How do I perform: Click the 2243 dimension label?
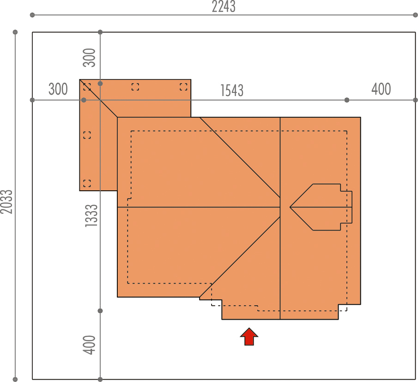pyautogui.click(x=224, y=6)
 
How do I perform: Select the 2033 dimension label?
pyautogui.click(x=6, y=202)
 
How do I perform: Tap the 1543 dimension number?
pyautogui.click(x=232, y=91)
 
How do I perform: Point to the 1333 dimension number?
pyautogui.click(x=91, y=216)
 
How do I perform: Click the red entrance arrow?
pyautogui.click(x=249, y=337)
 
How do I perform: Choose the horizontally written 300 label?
pyautogui.click(x=58, y=89)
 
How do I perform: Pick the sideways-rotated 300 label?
pyautogui.click(x=89, y=58)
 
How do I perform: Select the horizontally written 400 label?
pyautogui.click(x=381, y=89)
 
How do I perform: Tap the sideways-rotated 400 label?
pyautogui.click(x=89, y=345)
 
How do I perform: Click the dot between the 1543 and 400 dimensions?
pyautogui.click(x=347, y=100)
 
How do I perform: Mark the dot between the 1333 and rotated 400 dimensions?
pyautogui.click(x=100, y=311)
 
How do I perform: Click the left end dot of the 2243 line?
pyautogui.click(x=32, y=15)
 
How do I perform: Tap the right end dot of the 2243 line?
pyautogui.click(x=415, y=15)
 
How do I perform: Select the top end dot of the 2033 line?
pyautogui.click(x=15, y=32)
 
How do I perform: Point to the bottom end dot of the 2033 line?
pyautogui.click(x=15, y=379)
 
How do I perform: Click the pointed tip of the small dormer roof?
pyautogui.click(x=290, y=207)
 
